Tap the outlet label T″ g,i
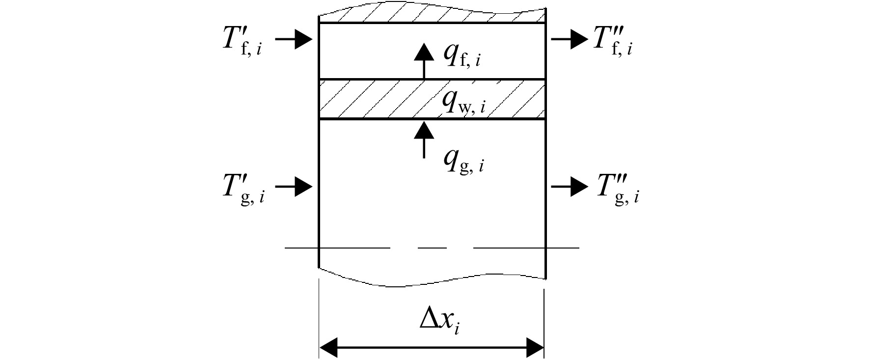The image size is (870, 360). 618,189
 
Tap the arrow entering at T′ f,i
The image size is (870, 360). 294,39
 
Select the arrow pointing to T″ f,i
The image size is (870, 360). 570,39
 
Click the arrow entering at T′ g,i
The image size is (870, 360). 294,187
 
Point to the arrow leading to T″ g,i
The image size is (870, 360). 570,187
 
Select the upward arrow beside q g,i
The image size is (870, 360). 424,139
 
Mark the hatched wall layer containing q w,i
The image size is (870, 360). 432,99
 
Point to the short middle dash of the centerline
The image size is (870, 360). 432,248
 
